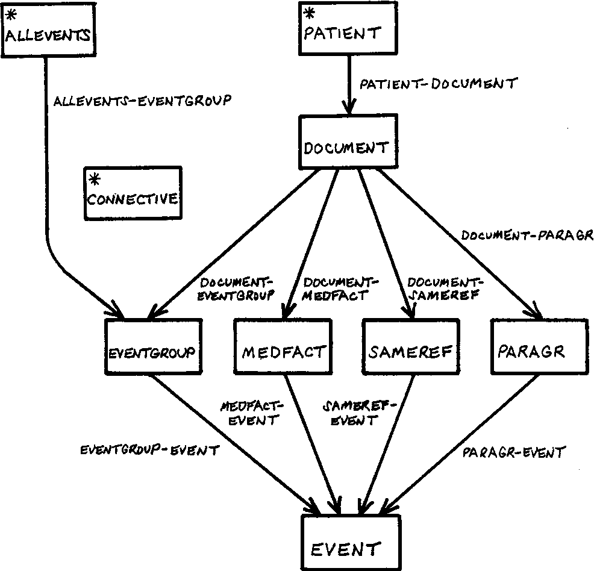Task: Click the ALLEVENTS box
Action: (x=48, y=30)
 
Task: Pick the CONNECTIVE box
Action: (x=133, y=193)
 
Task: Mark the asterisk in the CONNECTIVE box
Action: (x=94, y=179)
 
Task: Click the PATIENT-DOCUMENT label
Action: (x=437, y=84)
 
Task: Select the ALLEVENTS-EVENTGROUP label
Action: (x=142, y=101)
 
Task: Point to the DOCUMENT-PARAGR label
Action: (x=527, y=235)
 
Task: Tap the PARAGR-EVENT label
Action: (x=514, y=451)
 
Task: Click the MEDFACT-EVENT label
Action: (x=249, y=413)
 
